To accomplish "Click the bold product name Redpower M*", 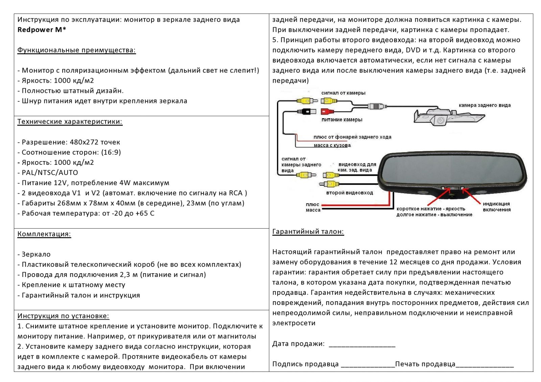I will pyautogui.click(x=42, y=30).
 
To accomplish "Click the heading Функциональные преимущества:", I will pyautogui.click(x=76, y=50).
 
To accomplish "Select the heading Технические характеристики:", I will pyautogui.click(x=70, y=122).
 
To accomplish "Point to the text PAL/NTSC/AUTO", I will pyautogui.click(x=50, y=173).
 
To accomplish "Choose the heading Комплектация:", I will pyautogui.click(x=44, y=234).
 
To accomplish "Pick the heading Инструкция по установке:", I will pyautogui.click(x=63, y=316).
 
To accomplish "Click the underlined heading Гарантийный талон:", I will pyautogui.click(x=308, y=232).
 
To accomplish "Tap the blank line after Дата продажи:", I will pyautogui.click(x=362, y=345).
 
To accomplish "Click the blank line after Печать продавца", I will pyautogui.click(x=485, y=365).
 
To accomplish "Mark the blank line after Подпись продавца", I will pyautogui.click(x=368, y=365).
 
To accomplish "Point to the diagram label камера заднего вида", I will pyautogui.click(x=485, y=105).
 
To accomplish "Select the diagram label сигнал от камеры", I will pyautogui.click(x=343, y=93).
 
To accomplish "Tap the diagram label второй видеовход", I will pyautogui.click(x=349, y=193).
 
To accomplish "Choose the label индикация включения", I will pyautogui.click(x=496, y=207).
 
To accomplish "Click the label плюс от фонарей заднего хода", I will pyautogui.click(x=352, y=137).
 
